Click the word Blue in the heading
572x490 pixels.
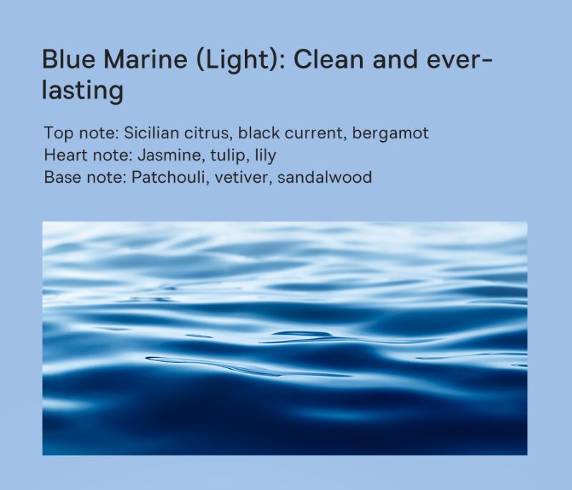pos(68,59)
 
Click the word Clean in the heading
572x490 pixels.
pos(328,59)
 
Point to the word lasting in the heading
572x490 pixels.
pos(82,90)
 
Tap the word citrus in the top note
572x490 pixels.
pos(208,133)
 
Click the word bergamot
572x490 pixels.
pos(390,134)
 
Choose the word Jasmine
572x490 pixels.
pos(170,155)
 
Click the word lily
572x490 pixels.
pos(265,156)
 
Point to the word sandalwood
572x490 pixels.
pos(324,177)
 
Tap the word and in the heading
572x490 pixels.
pos(394,59)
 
